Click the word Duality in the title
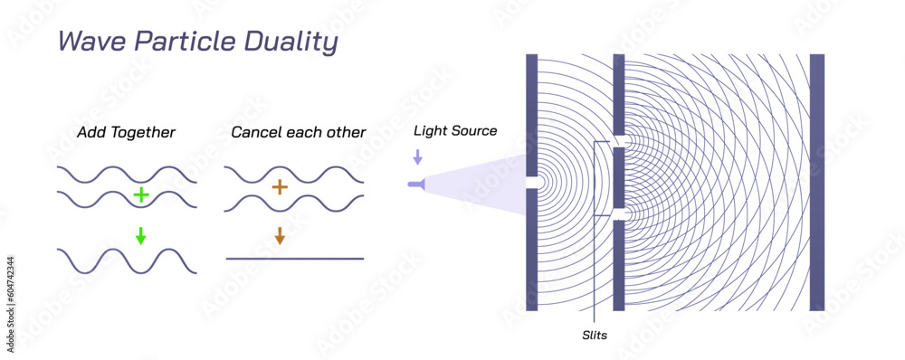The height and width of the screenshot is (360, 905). point(290,43)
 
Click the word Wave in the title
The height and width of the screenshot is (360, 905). point(87,43)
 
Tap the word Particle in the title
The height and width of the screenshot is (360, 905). point(178,43)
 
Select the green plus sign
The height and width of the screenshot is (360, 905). point(140,194)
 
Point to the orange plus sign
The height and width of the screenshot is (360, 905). point(280,187)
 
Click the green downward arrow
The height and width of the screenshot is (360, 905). point(140,236)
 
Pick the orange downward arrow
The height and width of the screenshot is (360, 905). point(280,235)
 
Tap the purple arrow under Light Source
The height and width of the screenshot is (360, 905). point(417,156)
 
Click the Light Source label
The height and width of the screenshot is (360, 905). point(455,131)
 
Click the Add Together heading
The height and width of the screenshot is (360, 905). point(127,133)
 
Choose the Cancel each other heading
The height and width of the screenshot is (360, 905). point(299,133)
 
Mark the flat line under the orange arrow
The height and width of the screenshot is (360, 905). point(295,259)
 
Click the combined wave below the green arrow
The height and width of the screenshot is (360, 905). point(127,261)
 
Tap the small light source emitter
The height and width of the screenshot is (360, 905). point(415,185)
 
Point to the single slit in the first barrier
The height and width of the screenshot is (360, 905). point(532,182)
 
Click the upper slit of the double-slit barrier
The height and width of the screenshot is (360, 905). point(620,141)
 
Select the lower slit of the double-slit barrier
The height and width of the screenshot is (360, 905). point(620,213)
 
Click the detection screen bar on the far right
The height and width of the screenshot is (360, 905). point(816,182)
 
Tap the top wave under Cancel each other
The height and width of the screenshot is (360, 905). point(295,175)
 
